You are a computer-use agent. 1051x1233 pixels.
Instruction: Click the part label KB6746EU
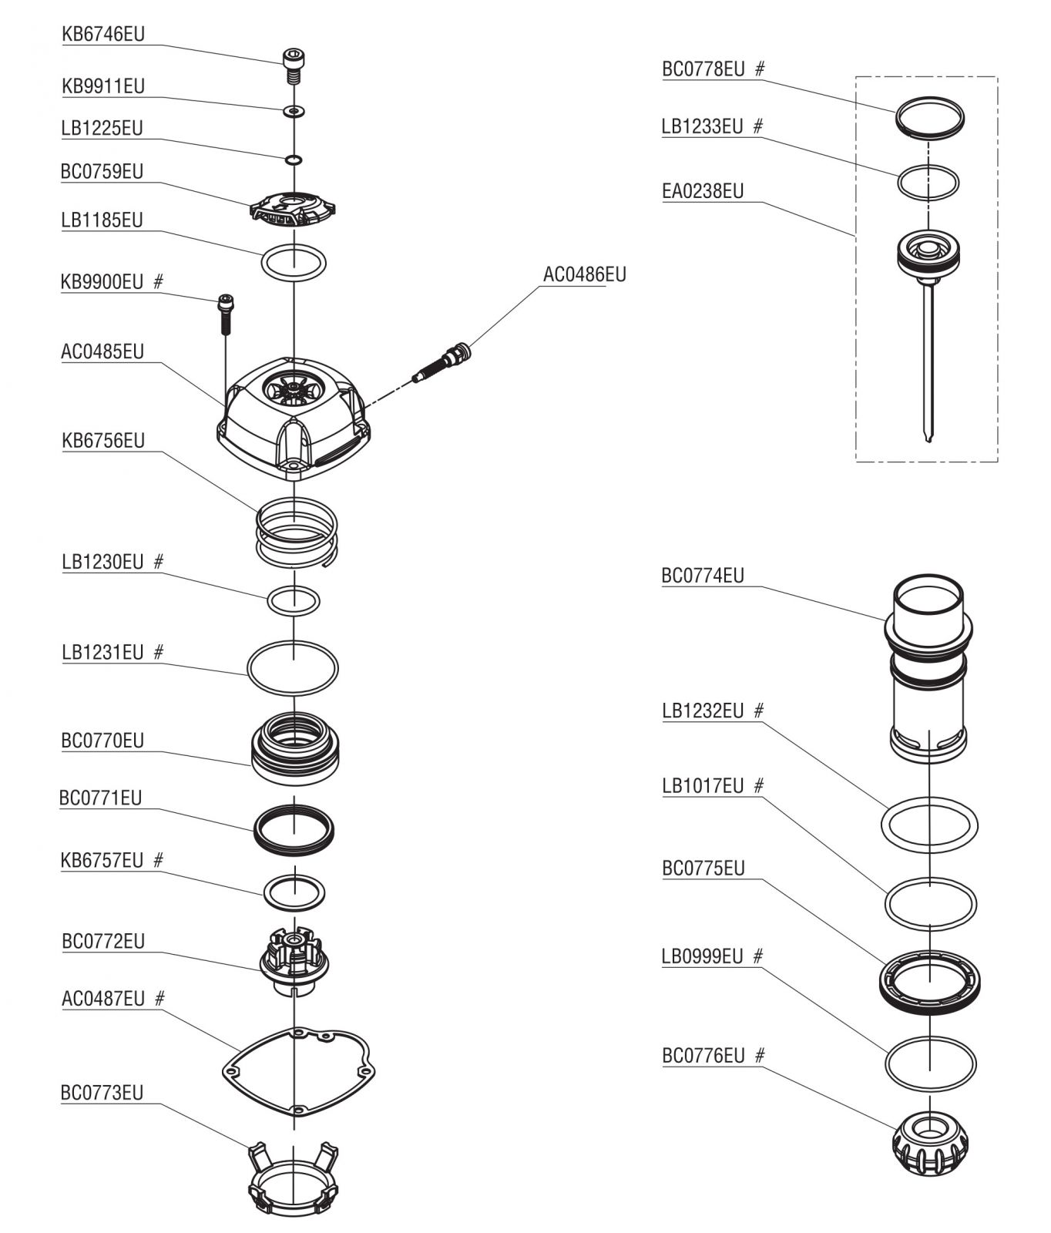[103, 35]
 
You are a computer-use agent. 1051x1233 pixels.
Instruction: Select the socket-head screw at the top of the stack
[293, 66]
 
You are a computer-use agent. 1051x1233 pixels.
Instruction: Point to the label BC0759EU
[102, 171]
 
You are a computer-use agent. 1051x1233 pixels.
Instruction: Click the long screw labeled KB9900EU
[226, 314]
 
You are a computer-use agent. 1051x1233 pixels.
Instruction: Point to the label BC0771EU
[101, 798]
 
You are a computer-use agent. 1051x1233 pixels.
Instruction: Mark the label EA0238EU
[703, 191]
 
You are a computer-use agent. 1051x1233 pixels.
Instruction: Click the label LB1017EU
[703, 787]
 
